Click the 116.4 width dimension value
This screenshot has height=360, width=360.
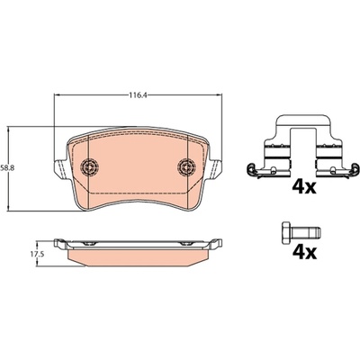[138, 95]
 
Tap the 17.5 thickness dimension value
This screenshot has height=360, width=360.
[37, 255]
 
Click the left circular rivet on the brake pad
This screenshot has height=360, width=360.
[90, 166]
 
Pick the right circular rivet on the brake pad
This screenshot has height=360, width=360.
[186, 166]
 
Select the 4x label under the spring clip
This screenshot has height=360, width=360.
[304, 187]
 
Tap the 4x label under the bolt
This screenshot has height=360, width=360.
[304, 253]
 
